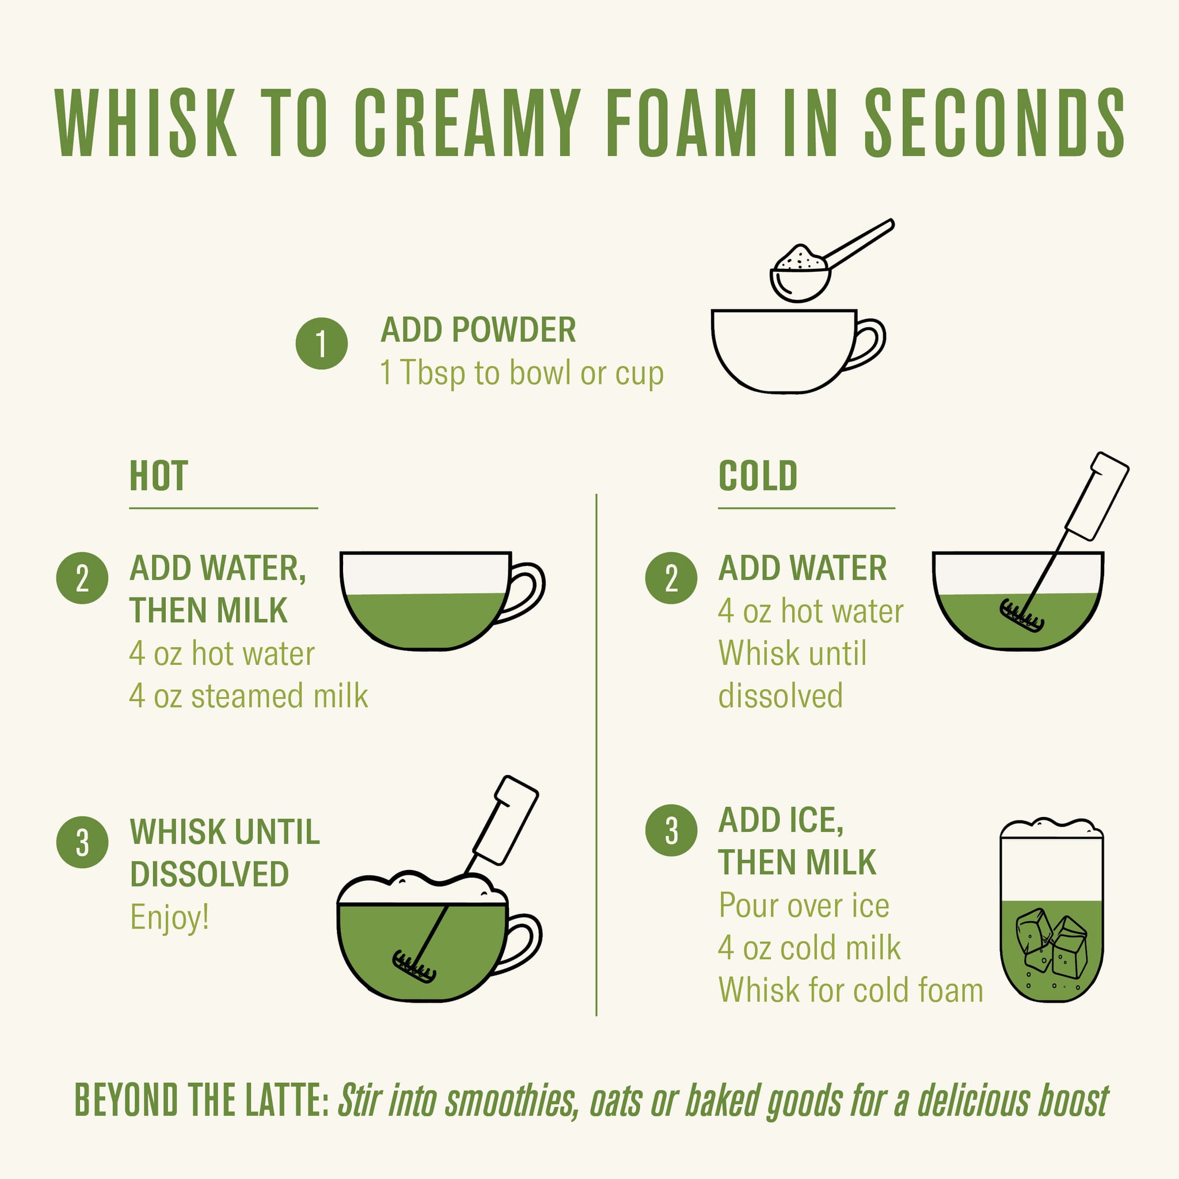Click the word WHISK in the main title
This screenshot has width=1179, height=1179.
[145, 123]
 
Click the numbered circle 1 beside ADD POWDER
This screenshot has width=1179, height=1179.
[322, 344]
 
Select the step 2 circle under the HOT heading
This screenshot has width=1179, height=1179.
[82, 578]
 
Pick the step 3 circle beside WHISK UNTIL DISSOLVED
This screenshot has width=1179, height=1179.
[82, 842]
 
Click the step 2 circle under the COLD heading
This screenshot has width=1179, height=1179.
[671, 578]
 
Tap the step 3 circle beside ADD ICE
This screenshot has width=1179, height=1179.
[671, 830]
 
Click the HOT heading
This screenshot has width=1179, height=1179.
[159, 476]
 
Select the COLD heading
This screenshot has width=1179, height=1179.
[758, 476]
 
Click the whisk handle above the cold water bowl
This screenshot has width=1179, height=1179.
[1097, 496]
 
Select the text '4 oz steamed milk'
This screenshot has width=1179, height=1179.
[249, 697]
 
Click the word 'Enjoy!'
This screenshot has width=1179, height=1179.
[170, 917]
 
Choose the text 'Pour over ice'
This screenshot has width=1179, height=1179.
[804, 905]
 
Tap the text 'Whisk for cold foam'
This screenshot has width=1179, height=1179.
[851, 990]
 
